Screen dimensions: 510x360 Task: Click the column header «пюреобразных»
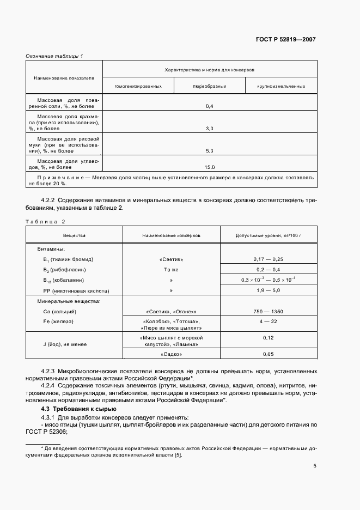tap(209, 86)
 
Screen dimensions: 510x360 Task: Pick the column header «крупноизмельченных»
tap(281, 86)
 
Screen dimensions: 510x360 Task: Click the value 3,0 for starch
tap(209, 128)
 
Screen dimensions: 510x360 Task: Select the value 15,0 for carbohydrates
tap(209, 167)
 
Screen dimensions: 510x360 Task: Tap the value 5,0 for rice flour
tap(209, 150)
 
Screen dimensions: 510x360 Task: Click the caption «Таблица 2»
tap(45, 221)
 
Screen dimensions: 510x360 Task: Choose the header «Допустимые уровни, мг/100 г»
tap(268, 235)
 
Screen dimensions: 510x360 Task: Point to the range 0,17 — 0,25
tap(268, 259)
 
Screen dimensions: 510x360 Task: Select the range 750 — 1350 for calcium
tap(268, 311)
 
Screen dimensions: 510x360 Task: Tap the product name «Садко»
tap(172, 354)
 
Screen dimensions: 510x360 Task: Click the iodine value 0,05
tap(268, 354)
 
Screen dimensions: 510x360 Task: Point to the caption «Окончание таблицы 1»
tap(54, 56)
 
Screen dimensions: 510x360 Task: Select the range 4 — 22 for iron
tap(268, 321)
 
